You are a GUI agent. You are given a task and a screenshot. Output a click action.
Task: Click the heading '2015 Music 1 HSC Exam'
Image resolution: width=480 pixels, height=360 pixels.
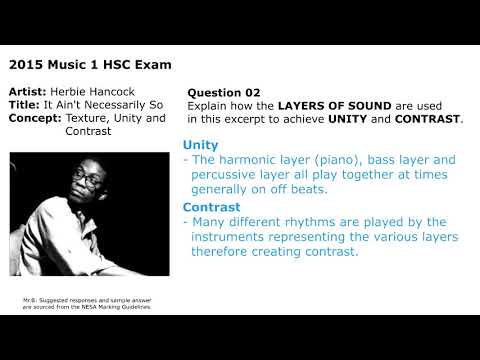[x=89, y=65]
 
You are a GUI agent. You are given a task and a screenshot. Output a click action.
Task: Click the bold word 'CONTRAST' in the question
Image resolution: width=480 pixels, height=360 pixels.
[x=429, y=118]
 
